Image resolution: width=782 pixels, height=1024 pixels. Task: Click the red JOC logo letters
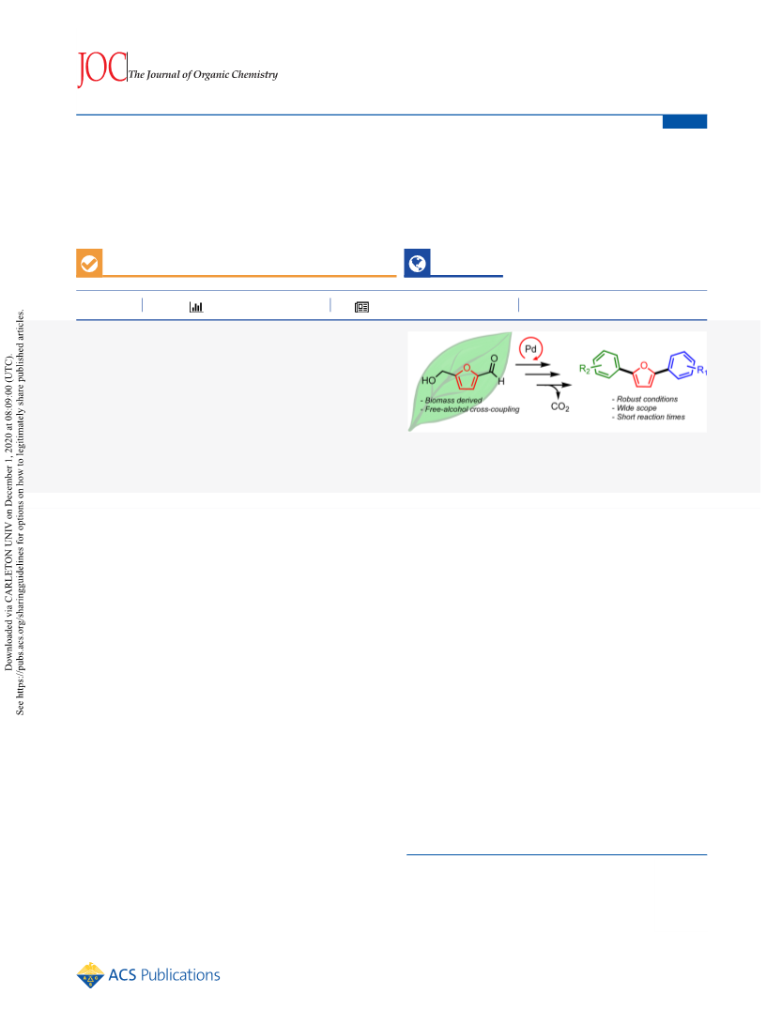tap(101, 69)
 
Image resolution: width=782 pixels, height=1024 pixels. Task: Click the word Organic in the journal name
tap(211, 74)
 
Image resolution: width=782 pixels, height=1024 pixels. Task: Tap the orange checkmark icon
tap(89, 263)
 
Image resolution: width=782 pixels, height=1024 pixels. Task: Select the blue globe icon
tap(417, 263)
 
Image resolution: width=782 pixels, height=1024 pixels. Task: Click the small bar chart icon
tap(196, 307)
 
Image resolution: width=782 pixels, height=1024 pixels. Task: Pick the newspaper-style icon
tap(361, 307)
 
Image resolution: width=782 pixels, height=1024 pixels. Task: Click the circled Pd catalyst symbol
tap(530, 349)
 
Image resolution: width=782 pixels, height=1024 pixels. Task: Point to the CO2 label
tap(560, 406)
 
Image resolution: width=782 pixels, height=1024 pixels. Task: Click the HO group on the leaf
tap(429, 381)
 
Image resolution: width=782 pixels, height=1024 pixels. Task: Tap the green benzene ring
tap(606, 364)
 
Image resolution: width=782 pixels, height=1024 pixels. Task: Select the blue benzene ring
tap(682, 364)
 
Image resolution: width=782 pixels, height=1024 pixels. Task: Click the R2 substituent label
tap(585, 370)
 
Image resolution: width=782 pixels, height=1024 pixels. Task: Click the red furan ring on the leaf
tap(466, 376)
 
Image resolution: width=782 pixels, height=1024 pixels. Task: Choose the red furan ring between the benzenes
tap(643, 374)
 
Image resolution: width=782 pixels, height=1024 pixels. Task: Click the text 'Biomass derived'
tap(453, 401)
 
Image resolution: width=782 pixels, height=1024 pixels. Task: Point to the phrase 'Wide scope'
tap(637, 408)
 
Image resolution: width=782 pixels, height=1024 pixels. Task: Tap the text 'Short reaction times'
tap(652, 417)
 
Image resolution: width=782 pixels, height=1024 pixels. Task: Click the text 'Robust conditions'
tap(648, 399)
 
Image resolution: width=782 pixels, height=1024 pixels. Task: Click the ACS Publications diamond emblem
tap(90, 975)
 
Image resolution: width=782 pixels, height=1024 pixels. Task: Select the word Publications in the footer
tap(180, 975)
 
